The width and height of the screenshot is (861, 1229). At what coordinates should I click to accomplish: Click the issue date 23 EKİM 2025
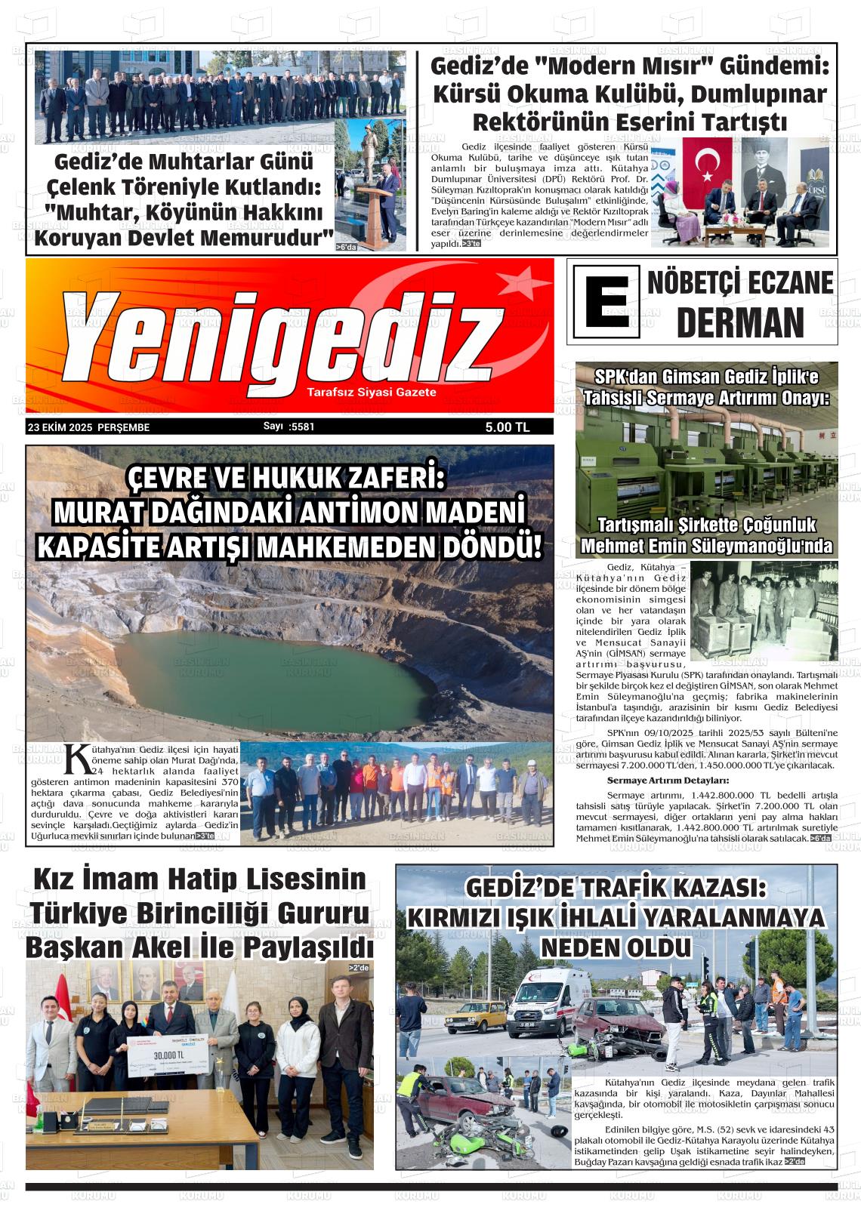60,427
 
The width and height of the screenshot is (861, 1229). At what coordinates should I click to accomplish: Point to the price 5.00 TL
508,427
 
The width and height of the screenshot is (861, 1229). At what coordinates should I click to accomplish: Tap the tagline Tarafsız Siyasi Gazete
372,393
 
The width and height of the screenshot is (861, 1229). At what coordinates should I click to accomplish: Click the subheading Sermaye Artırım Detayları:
668,780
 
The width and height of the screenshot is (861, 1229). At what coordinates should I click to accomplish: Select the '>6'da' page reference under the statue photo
347,247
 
